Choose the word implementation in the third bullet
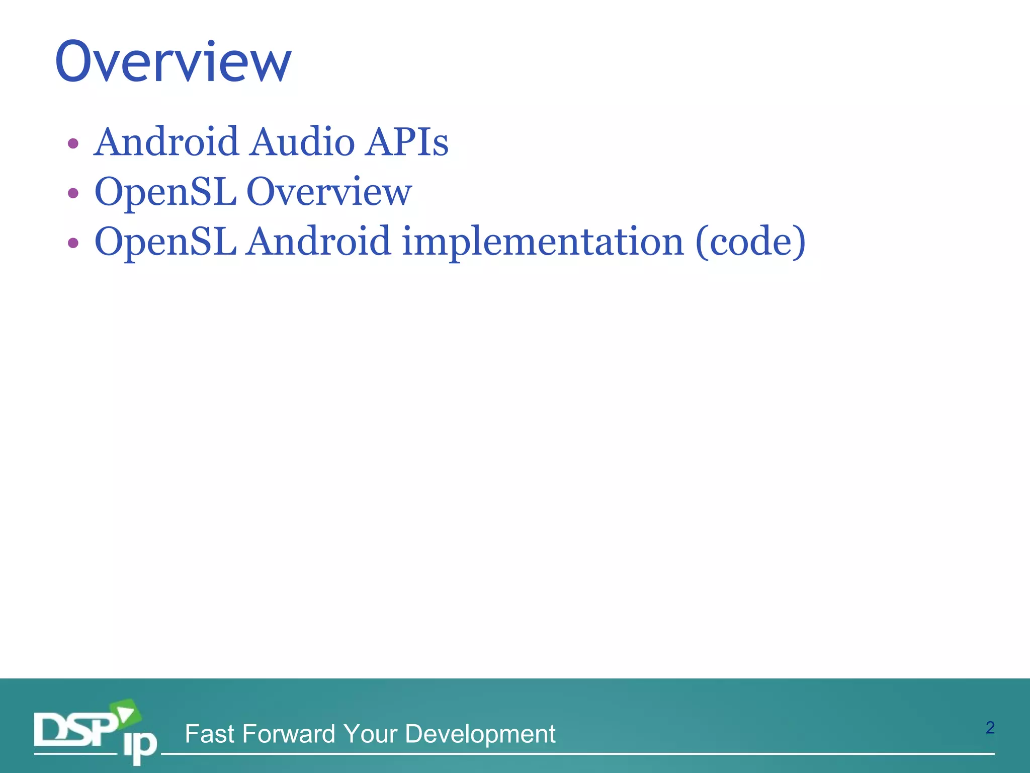543,242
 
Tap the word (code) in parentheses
750,242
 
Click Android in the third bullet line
318,242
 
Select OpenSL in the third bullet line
165,242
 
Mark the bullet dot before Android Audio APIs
73,144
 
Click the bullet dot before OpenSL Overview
73,193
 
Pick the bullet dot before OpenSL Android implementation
73,243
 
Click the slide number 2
990,728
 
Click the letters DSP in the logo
75,730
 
